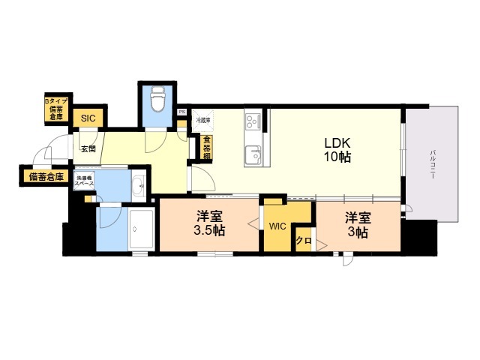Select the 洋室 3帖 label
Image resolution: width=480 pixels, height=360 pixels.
tap(357, 225)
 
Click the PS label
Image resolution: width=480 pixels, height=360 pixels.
tap(181, 112)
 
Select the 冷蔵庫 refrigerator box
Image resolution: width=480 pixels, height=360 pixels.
tap(203, 121)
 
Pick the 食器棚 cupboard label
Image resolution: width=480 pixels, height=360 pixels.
tap(205, 146)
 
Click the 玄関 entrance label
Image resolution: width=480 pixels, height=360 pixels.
tap(88, 148)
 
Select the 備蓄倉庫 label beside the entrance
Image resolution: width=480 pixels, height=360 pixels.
tap(45, 177)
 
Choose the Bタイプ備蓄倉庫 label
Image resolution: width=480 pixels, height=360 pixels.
tap(55, 108)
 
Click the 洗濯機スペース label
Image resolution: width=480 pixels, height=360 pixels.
tap(84, 181)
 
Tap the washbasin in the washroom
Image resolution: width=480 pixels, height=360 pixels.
tap(139, 187)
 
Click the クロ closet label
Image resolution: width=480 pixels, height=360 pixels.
tap(303, 241)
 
